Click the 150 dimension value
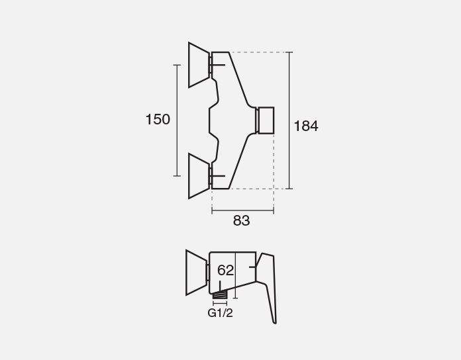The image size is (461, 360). pyautogui.click(x=158, y=120)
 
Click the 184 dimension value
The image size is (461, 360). pyautogui.click(x=306, y=126)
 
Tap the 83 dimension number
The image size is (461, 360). pyautogui.click(x=241, y=220)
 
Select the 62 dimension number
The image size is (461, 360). pyautogui.click(x=225, y=270)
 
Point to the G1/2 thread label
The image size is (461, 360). pyautogui.click(x=220, y=313)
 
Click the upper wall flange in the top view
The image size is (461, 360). pyautogui.click(x=199, y=65)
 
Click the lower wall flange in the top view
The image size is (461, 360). pyautogui.click(x=199, y=176)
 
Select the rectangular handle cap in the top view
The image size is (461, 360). pyautogui.click(x=266, y=120)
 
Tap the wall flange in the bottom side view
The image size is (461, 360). pyautogui.click(x=197, y=273)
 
